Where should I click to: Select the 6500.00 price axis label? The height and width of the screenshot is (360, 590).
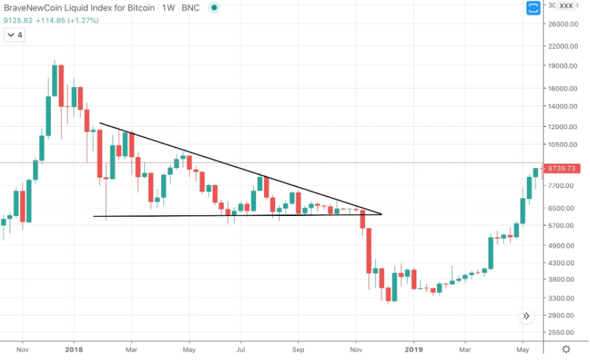click(x=563, y=208)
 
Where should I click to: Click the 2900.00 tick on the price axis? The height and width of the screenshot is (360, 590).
click(x=563, y=315)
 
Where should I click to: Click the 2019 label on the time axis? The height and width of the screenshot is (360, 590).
click(x=413, y=348)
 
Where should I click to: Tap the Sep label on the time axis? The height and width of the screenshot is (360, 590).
click(x=298, y=348)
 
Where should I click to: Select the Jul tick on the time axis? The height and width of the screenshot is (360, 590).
click(x=241, y=348)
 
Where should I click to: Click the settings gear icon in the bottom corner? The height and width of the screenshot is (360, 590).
click(x=566, y=348)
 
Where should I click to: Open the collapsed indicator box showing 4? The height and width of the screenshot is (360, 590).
click(x=15, y=35)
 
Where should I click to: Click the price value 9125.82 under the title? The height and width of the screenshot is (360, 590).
click(x=19, y=21)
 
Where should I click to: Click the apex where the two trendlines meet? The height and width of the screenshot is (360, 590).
click(x=381, y=215)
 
